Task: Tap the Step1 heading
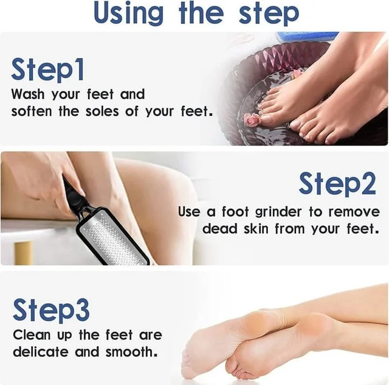47,69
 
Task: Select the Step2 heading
337,184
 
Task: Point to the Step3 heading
51,309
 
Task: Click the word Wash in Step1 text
28,94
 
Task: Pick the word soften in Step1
32,111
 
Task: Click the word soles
102,111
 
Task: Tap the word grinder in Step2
278,212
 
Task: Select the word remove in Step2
354,213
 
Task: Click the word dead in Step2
220,228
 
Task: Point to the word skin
256,228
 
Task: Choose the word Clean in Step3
32,335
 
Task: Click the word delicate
41,351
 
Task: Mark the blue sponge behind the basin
308,37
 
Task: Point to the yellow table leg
23,252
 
